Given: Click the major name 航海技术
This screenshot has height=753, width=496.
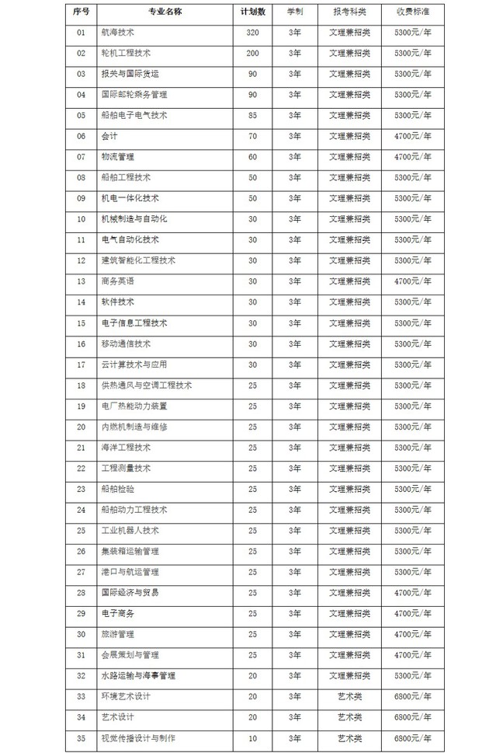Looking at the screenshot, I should (118, 33).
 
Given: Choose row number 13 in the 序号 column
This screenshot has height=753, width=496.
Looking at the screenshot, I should (81, 281).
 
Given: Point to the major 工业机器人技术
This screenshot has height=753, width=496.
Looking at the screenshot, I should (130, 530).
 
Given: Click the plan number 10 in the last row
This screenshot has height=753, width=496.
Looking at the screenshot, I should (253, 737).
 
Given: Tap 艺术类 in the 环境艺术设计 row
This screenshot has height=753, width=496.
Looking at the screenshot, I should (350, 696).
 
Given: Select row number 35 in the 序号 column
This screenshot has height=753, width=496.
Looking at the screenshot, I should (81, 737).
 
